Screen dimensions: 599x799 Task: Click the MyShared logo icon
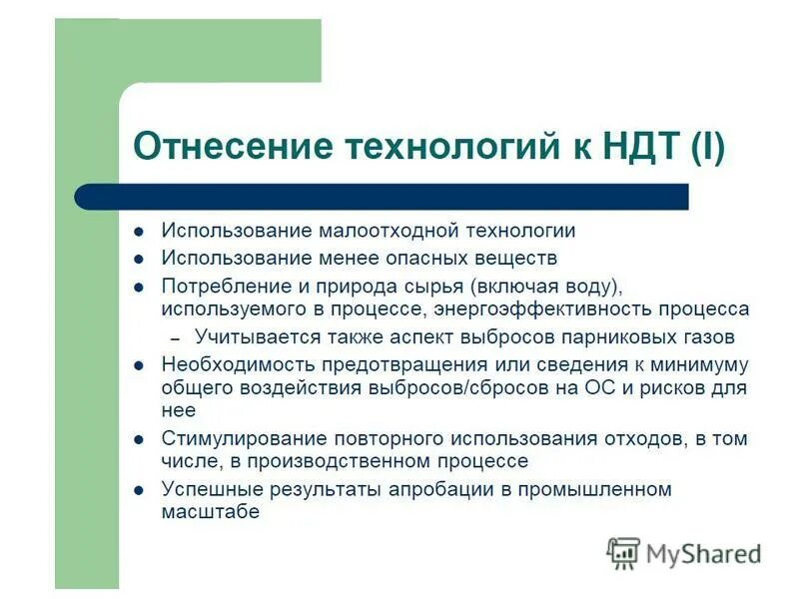pos(623,552)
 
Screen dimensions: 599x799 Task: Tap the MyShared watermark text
pos(703,553)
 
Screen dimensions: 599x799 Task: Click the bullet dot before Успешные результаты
pos(140,490)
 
